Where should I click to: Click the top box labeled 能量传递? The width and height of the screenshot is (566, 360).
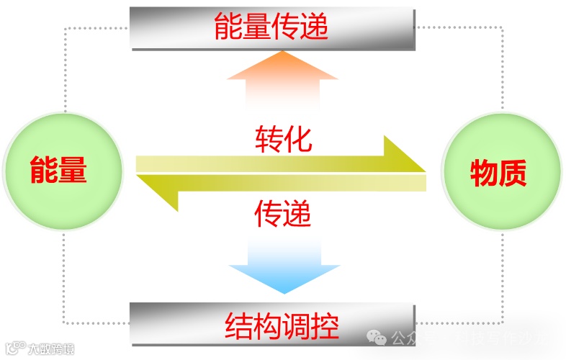272,27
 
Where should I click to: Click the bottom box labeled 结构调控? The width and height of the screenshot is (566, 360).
272,323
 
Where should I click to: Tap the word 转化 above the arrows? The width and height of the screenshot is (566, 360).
283,139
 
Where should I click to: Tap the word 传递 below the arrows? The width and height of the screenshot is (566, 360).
283,213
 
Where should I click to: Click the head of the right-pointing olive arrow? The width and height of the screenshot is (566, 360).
404,156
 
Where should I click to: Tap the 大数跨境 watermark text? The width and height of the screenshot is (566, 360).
51,349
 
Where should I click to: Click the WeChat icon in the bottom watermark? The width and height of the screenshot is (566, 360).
377,338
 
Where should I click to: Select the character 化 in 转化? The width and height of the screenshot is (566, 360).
297,139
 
